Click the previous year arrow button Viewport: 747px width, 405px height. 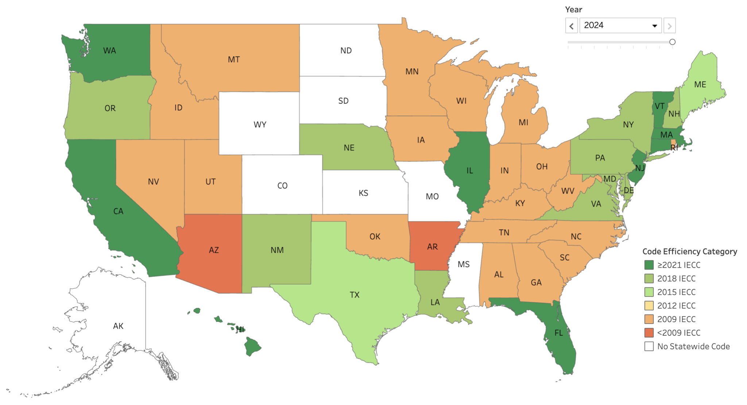pyautogui.click(x=571, y=26)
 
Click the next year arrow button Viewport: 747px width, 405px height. pyautogui.click(x=669, y=26)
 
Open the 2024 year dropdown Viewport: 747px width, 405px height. pyautogui.click(x=620, y=26)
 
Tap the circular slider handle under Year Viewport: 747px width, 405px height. pyautogui.click(x=672, y=42)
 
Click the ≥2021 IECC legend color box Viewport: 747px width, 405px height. pyautogui.click(x=649, y=265)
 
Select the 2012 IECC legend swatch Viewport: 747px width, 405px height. pyautogui.click(x=649, y=306)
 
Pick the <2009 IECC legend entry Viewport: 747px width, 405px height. pyautogui.click(x=678, y=333)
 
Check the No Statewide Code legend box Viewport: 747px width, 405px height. pyautogui.click(x=649, y=346)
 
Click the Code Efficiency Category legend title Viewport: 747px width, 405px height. pyautogui.click(x=689, y=252)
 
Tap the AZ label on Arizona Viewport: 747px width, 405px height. pyautogui.click(x=214, y=250)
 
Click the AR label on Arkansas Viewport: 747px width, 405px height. pyautogui.click(x=432, y=247)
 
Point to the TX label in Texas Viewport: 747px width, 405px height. pyautogui.click(x=355, y=295)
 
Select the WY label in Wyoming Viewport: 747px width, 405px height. pyautogui.click(x=260, y=125)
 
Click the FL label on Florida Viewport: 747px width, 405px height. pyautogui.click(x=558, y=333)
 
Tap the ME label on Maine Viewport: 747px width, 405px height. pyautogui.click(x=700, y=84)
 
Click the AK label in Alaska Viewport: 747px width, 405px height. pyautogui.click(x=118, y=326)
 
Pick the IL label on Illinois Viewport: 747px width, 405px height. pyautogui.click(x=469, y=171)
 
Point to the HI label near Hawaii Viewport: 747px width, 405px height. pyautogui.click(x=240, y=329)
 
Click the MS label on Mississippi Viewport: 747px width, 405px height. pyautogui.click(x=464, y=264)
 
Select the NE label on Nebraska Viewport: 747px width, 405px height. pyautogui.click(x=349, y=148)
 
